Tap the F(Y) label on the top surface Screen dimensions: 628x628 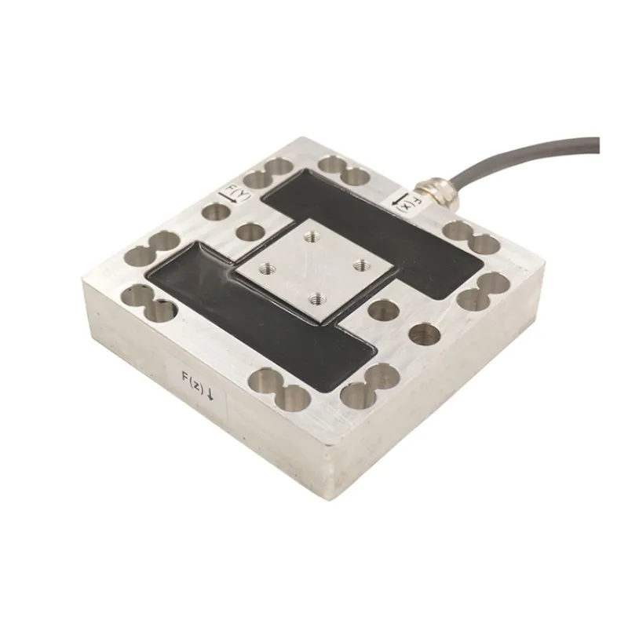[233, 192]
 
